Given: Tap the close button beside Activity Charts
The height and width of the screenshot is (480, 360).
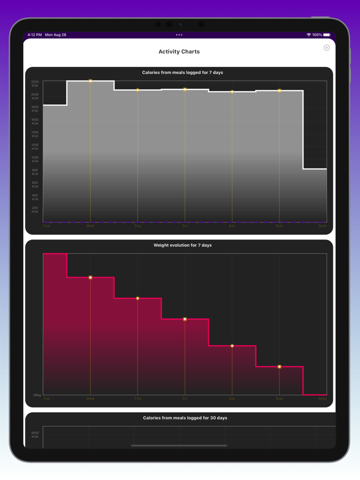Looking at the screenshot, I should tap(327, 48).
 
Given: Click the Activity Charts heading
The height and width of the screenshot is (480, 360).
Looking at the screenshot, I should tap(179, 51).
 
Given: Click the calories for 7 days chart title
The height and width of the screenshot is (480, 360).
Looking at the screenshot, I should tap(183, 72).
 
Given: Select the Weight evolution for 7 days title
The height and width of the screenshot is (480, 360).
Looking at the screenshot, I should tap(183, 245).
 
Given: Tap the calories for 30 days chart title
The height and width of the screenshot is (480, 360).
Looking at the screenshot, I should tap(185, 418).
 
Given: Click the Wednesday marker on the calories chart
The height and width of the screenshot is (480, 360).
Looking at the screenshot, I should tap(91, 81).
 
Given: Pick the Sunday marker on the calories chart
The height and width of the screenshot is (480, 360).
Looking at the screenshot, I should tap(279, 90).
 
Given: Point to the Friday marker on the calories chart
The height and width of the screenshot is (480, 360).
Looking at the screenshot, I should tap(185, 89).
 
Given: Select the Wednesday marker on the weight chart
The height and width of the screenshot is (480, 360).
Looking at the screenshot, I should tap(91, 278).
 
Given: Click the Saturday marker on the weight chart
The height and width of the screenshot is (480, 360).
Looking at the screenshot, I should tap(232, 346).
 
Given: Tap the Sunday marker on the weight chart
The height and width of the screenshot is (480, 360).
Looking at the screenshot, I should tap(279, 366).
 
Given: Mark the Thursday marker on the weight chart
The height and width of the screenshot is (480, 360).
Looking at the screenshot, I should tap(138, 298).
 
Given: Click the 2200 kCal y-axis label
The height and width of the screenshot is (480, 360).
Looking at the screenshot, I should tap(34, 83).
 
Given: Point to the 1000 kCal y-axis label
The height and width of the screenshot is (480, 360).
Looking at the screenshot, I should tap(34, 159).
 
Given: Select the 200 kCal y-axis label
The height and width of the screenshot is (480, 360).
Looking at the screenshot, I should tap(34, 210).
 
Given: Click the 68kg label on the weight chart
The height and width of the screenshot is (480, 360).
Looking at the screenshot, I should tap(37, 395).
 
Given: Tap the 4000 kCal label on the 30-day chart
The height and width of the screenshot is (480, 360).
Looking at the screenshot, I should tap(34, 435).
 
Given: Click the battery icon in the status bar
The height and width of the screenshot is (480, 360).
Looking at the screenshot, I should tap(327, 35).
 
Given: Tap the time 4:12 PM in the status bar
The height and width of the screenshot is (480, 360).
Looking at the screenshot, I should tap(35, 35).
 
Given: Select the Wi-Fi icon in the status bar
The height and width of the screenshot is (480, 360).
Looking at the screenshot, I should tap(309, 35).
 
